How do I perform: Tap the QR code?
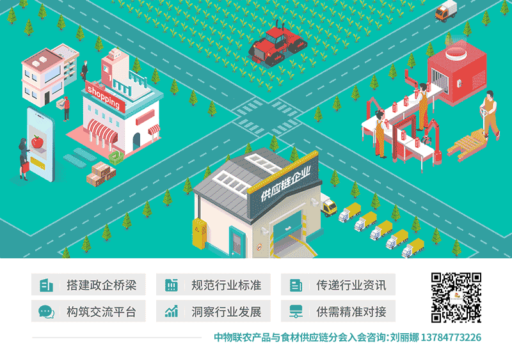click(x=456, y=297)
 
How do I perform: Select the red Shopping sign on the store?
click(x=102, y=95)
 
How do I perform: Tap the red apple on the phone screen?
click(x=36, y=141)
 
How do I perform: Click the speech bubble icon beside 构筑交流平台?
click(x=45, y=312)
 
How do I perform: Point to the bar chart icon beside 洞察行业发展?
click(x=171, y=312)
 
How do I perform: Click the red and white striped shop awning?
click(x=103, y=132)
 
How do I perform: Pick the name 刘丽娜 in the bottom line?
click(x=404, y=337)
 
